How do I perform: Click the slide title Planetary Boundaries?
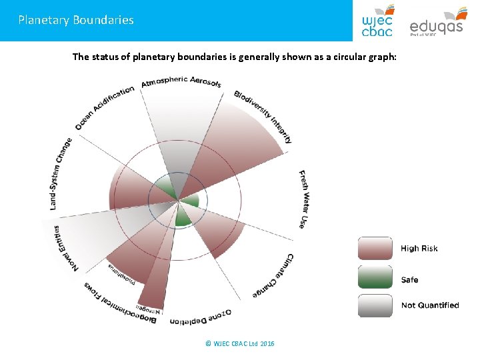coord(76,20)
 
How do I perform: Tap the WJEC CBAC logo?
coord(377,21)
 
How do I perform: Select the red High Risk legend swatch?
coord(375,248)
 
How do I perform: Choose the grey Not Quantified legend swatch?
coord(375,305)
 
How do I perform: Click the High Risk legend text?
coord(419,249)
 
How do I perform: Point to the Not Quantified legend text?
coord(429,305)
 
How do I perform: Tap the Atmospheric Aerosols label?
coord(181,83)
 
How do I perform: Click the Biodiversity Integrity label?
coord(264,116)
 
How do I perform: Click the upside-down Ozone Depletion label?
coord(200,318)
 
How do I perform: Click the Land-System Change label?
coord(59,173)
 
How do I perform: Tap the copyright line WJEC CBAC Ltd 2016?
coord(240,343)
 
